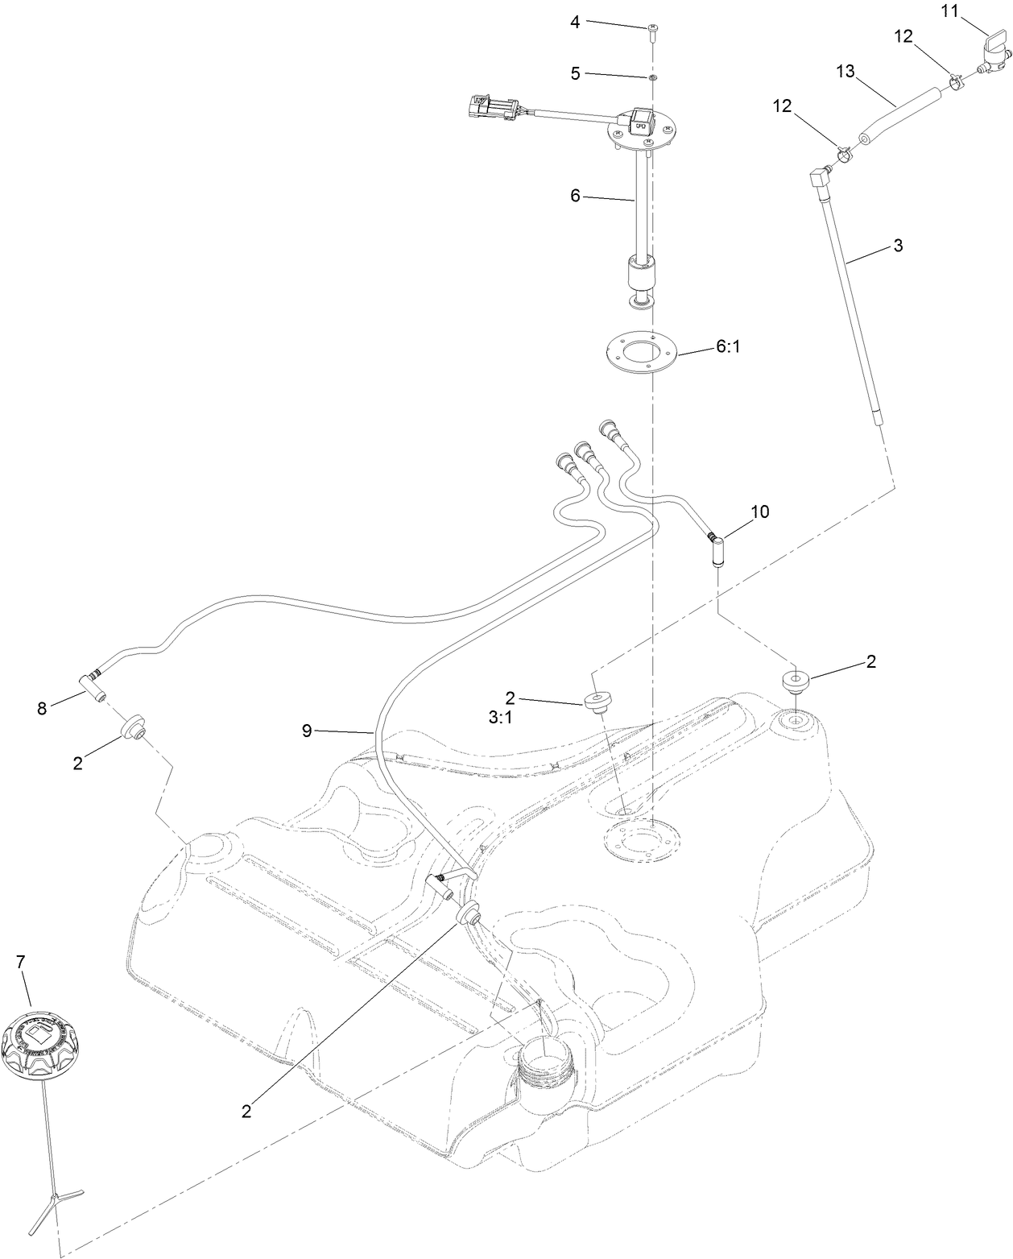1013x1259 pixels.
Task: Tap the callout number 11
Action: (951, 10)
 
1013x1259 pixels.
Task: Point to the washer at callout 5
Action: (651, 77)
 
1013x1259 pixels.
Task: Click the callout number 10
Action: (759, 511)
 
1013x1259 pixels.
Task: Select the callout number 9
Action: (306, 731)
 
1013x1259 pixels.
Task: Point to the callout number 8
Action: (42, 708)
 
